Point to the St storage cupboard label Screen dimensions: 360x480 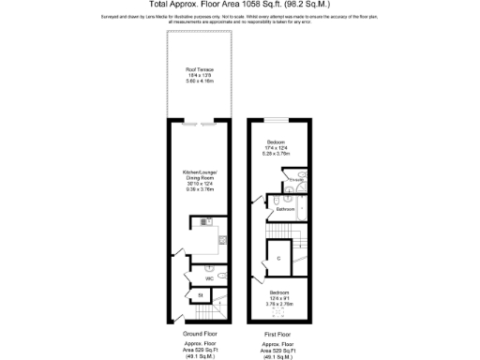click(200, 297)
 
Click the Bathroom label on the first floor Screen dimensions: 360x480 click(285, 210)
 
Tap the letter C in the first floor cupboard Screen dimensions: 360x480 click(279, 256)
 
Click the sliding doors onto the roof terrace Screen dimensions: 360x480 click(198, 123)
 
